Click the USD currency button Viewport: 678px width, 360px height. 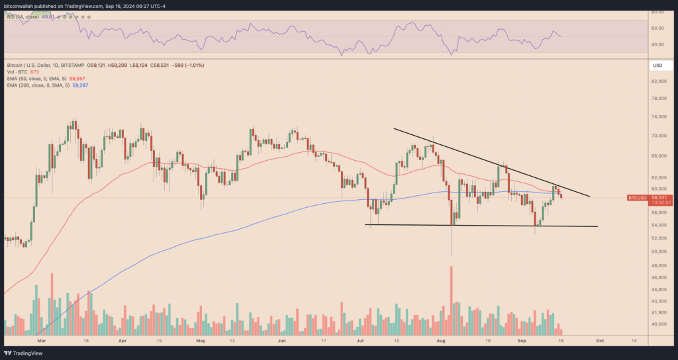657,66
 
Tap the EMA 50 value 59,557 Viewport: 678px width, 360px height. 78,79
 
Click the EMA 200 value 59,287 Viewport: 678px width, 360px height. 79,86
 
